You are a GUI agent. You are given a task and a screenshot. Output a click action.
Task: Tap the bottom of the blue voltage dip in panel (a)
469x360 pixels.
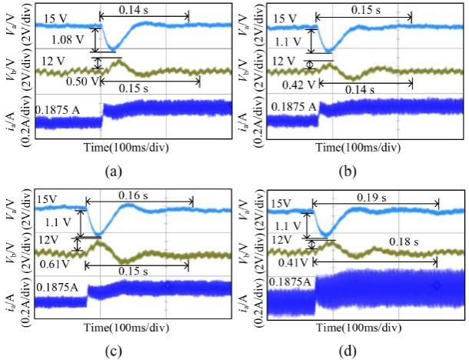pyautogui.click(x=114, y=49)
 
